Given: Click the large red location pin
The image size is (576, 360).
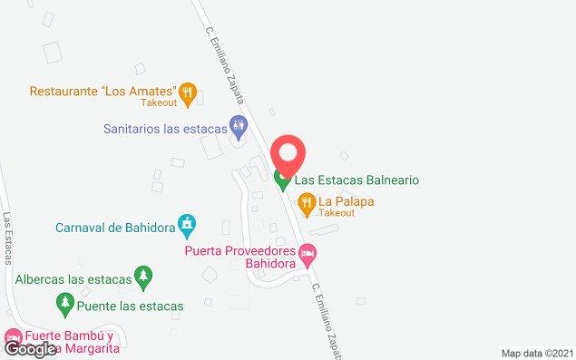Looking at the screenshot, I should point(288,154).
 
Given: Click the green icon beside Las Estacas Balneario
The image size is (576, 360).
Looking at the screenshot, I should point(283,181).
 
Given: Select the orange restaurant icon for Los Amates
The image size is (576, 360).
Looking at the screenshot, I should point(188,91).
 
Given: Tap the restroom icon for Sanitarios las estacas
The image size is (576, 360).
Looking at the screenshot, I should point(239,128).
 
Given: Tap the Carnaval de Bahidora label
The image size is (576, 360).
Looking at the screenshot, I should point(114,228).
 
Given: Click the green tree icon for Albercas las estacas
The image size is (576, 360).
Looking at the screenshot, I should point(142,275).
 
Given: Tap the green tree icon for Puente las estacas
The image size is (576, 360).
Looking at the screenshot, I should point(64,302).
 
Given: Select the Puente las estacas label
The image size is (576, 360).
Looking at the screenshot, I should point(130,306).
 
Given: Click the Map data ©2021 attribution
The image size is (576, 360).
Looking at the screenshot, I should point(537,353).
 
